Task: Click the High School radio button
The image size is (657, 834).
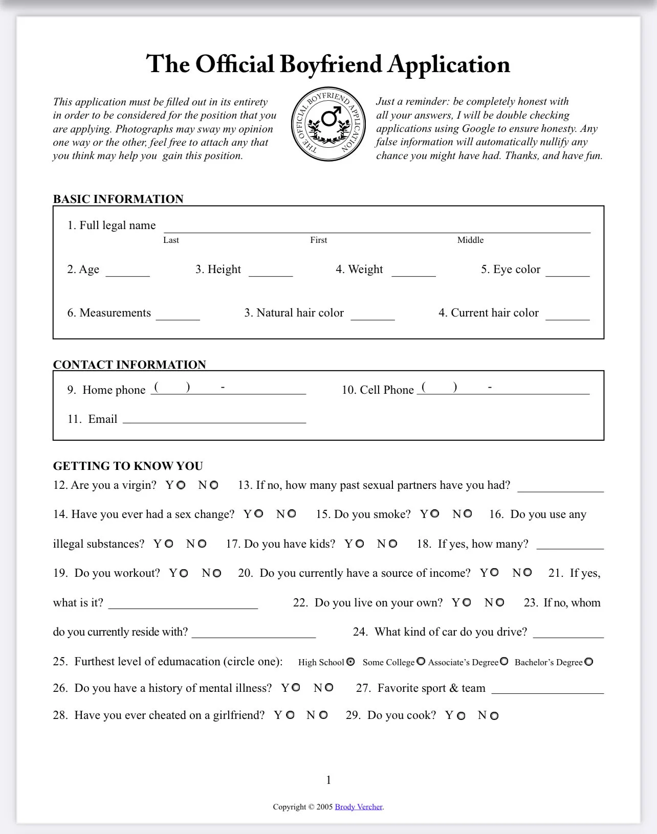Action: point(351,662)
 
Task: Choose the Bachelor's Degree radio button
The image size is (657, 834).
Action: point(589,662)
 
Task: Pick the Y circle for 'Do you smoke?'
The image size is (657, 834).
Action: point(434,514)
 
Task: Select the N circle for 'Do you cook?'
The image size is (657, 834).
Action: point(494,716)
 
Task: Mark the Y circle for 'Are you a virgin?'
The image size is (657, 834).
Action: point(181,485)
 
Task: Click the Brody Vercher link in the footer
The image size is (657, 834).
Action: point(359,807)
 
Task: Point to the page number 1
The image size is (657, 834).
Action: point(328,780)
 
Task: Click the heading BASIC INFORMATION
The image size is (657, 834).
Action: point(118,199)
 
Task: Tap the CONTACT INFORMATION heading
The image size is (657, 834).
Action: point(129,365)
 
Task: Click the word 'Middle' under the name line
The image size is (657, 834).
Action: point(470,240)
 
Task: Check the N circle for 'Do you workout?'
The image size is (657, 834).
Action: point(217,573)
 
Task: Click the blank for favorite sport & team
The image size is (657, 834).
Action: point(547,689)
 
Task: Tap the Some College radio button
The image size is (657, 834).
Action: point(421,662)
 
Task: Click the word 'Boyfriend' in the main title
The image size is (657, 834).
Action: point(331,64)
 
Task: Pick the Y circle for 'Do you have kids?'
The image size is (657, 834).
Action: point(360,544)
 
